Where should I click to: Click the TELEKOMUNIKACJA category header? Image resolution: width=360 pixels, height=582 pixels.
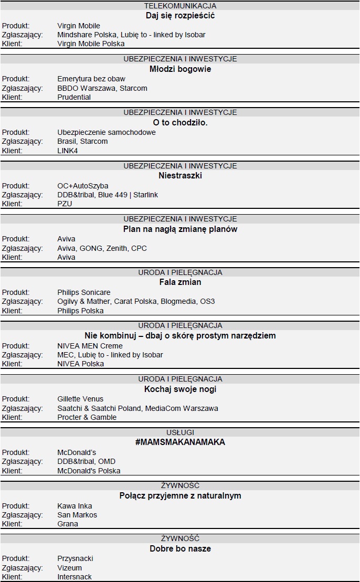click(180, 6)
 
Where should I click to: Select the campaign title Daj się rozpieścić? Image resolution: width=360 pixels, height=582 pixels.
click(180, 15)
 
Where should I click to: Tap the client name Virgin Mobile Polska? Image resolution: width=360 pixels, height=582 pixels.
click(91, 44)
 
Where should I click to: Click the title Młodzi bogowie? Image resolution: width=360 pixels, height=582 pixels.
click(180, 69)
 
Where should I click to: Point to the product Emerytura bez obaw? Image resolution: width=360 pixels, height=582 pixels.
click(91, 79)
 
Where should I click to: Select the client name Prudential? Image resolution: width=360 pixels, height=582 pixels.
click(74, 97)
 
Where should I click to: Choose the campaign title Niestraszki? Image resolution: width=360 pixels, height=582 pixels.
click(180, 175)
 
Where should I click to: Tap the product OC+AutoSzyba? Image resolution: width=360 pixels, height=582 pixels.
click(83, 186)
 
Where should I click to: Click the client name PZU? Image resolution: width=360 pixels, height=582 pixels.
click(65, 204)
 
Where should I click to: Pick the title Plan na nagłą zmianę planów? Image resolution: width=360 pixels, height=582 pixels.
click(180, 229)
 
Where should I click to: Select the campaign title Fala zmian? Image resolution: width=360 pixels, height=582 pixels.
click(180, 282)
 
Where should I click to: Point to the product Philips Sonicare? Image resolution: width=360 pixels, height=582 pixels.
click(84, 292)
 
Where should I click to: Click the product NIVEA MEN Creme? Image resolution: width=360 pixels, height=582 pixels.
click(90, 346)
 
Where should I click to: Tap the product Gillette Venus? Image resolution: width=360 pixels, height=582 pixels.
click(80, 399)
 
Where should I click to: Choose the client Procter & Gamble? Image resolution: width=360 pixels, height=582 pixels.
click(87, 417)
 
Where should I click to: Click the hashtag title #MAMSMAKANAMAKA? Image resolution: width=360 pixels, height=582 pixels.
click(180, 442)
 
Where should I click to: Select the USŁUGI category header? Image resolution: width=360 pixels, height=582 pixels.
click(180, 432)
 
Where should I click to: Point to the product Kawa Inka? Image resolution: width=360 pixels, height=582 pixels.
click(75, 506)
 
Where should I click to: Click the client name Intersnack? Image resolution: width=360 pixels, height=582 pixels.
click(75, 577)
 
